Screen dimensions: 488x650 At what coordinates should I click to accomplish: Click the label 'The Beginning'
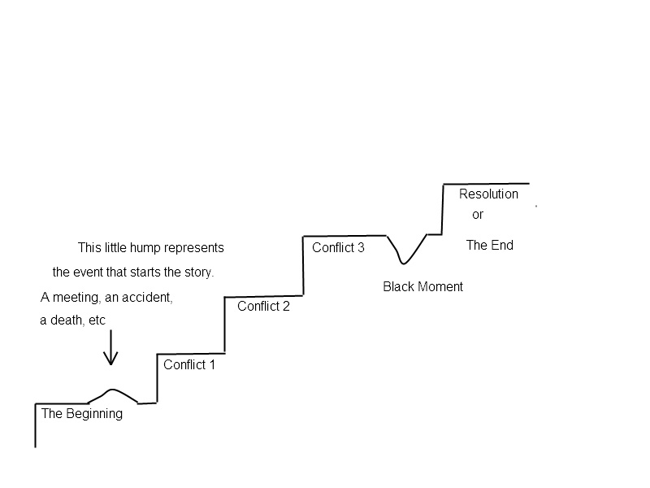81,413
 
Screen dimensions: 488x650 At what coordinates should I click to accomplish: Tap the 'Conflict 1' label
189,364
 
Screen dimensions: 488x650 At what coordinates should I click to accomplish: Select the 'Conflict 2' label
263,307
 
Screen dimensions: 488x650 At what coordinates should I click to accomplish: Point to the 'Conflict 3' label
338,247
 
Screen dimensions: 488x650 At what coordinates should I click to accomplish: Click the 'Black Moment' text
422,286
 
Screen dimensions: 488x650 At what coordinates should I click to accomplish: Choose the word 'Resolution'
488,194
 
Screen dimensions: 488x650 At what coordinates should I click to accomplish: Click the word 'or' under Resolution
478,215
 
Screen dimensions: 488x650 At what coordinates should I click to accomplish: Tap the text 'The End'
489,245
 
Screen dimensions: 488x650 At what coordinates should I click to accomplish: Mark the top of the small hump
113,389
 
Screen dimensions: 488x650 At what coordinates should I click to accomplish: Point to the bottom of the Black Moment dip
403,263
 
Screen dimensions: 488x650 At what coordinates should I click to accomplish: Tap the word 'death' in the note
67,320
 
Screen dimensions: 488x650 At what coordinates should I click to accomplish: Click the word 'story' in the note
197,272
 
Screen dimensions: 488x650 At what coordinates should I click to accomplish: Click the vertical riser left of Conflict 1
157,377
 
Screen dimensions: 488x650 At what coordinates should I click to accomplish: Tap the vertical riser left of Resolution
443,208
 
